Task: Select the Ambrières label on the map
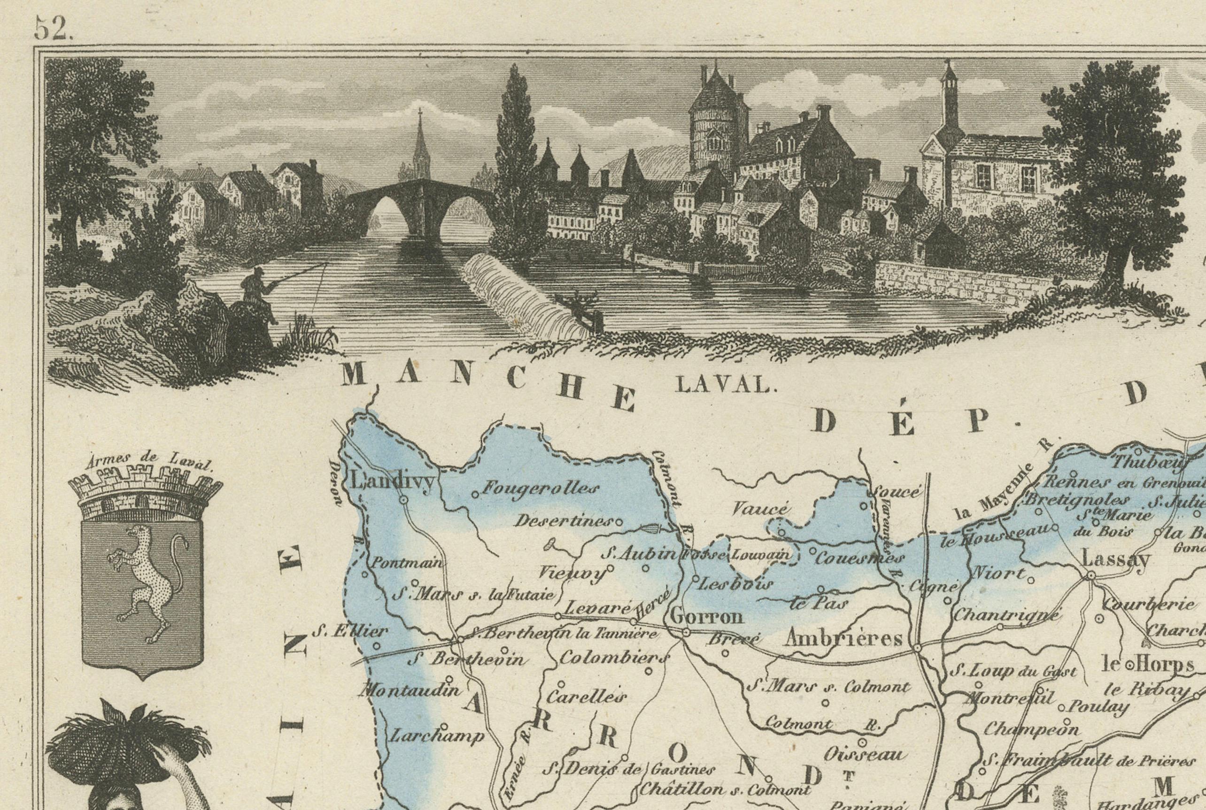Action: coord(843,639)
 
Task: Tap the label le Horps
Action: coord(1148,665)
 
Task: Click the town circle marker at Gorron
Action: coord(686,632)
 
